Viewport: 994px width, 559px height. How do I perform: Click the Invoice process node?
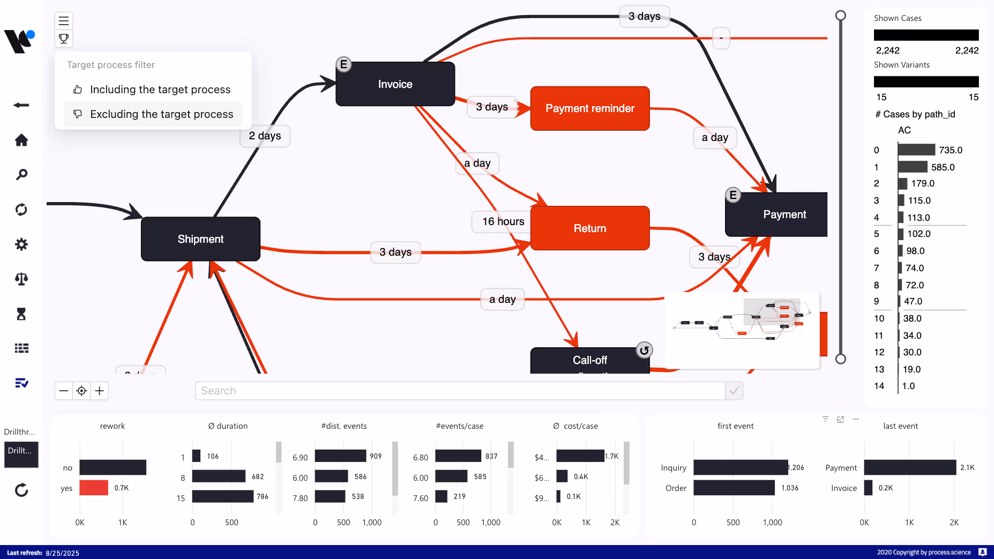click(395, 84)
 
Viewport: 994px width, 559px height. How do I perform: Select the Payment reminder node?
click(589, 108)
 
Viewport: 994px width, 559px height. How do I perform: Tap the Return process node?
click(589, 228)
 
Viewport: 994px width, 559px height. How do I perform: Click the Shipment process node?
click(200, 239)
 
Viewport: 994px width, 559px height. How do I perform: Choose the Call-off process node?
click(589, 360)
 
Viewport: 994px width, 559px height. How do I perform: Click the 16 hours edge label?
click(503, 221)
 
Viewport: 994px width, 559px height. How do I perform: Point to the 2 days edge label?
click(265, 136)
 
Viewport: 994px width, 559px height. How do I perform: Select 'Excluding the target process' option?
click(161, 114)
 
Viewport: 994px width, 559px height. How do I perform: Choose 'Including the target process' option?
click(160, 90)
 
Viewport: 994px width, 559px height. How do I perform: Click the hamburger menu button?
click(64, 21)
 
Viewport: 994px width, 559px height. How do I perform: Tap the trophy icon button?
click(64, 39)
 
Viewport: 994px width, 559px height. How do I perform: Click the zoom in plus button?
click(100, 391)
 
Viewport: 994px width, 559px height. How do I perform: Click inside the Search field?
click(460, 391)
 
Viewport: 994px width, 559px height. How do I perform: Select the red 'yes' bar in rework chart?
click(94, 488)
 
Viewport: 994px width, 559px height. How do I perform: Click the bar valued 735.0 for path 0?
click(916, 150)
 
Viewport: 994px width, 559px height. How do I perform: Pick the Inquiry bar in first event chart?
click(741, 467)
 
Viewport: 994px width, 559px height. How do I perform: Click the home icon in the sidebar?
click(21, 140)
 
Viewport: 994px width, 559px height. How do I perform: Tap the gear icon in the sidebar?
click(21, 244)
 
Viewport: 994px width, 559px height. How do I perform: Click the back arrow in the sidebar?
click(21, 105)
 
